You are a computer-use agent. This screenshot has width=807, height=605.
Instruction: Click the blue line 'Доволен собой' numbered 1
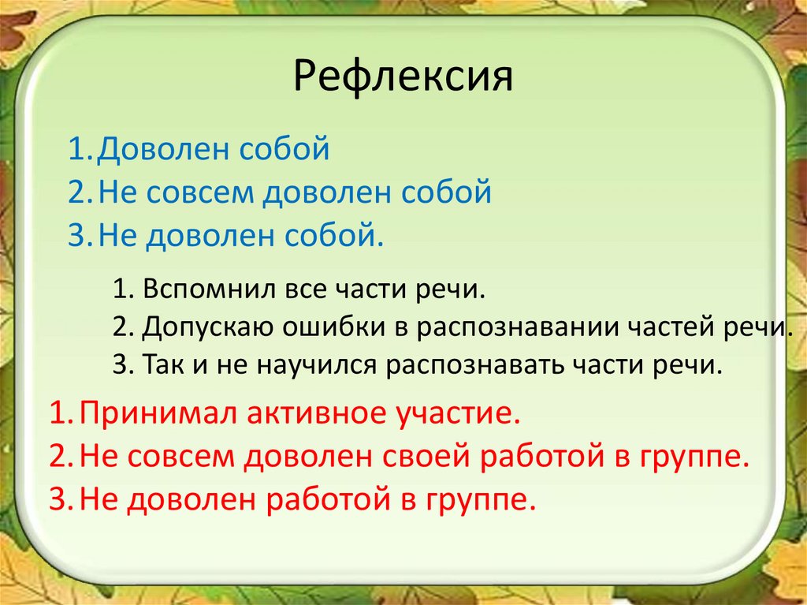tap(211, 148)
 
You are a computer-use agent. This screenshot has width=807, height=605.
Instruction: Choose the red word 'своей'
tap(425, 457)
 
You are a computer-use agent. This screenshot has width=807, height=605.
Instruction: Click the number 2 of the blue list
tap(75, 193)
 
